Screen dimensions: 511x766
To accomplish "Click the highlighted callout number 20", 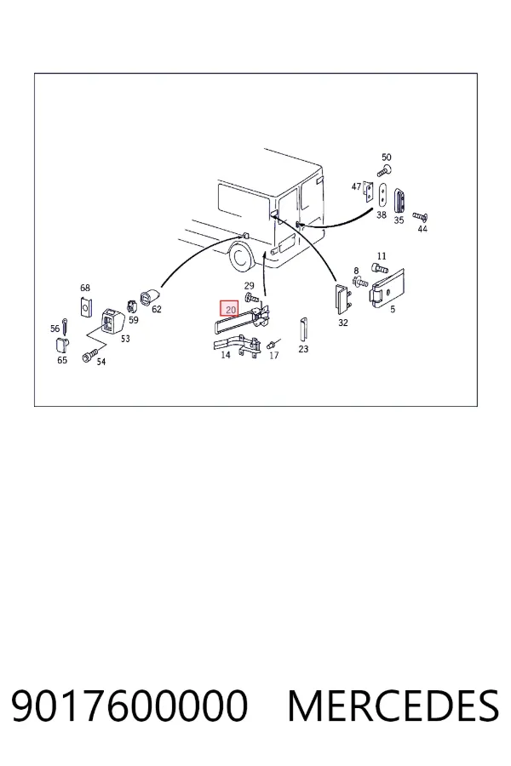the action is tap(230, 309).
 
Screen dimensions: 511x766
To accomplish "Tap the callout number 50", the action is tap(387, 157).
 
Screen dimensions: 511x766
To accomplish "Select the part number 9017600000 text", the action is tap(129, 706).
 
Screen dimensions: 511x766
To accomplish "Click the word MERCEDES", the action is tap(393, 706).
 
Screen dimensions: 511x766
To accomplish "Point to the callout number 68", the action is tap(85, 288).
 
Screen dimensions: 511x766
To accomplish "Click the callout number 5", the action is tap(393, 309).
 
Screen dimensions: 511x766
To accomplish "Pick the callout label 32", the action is tap(342, 323).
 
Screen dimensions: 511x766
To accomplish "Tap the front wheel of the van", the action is tap(240, 255).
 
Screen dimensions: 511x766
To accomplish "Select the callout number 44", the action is tap(422, 228).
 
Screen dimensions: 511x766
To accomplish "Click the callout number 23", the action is tap(303, 349).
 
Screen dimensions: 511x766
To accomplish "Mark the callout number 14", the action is tap(226, 355).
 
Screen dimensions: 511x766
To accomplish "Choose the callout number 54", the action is tap(100, 362).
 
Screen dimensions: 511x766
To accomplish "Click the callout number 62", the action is tap(157, 309).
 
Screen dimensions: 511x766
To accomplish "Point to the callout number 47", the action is tap(357, 186).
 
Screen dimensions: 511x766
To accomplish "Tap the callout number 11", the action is tap(382, 256).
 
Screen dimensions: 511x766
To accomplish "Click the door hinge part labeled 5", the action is tap(388, 289).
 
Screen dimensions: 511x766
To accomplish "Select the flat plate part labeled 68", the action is tap(85, 306).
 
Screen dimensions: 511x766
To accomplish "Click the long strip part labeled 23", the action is tap(303, 330).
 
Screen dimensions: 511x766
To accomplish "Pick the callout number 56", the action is tap(55, 329).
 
